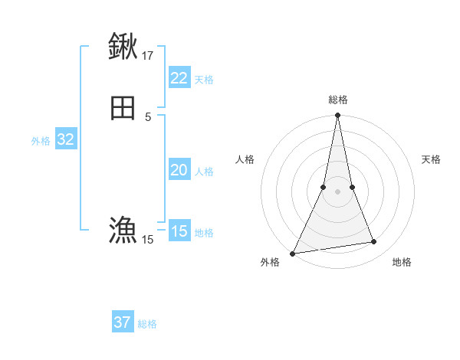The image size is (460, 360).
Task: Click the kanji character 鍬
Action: [123, 46]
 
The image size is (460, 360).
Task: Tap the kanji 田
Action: [123, 107]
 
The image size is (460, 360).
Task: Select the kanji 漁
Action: [123, 230]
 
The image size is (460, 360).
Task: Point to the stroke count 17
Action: [148, 55]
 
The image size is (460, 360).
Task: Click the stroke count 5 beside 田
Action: [148, 116]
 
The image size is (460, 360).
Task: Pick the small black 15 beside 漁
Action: [148, 240]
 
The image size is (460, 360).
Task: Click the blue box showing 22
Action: [179, 78]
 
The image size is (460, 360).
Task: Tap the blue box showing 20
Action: [179, 170]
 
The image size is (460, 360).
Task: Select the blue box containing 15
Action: [179, 231]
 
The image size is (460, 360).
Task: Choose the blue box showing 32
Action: [65, 139]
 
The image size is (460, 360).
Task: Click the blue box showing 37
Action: [122, 322]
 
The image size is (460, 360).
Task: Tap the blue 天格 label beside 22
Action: [204, 80]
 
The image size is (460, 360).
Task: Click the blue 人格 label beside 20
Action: [204, 172]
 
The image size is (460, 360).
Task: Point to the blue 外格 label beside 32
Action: [41, 141]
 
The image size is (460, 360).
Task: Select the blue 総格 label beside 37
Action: [147, 324]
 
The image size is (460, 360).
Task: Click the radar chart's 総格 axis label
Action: [337, 100]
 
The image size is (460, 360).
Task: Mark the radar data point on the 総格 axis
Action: [337, 116]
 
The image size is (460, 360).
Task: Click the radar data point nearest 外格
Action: [293, 254]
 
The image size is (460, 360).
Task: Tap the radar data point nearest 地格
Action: [374, 242]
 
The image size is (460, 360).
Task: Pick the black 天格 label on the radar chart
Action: [432, 159]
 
